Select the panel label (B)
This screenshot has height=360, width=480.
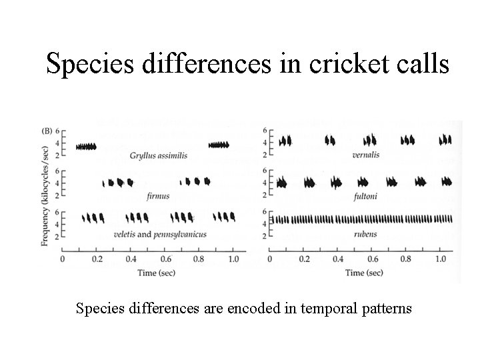point(47,131)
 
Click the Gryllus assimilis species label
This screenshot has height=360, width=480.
point(159,155)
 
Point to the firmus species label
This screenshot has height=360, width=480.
point(159,195)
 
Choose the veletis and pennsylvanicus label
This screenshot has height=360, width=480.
point(160,234)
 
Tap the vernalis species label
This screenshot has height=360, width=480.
point(366,155)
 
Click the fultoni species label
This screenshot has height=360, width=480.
point(365,195)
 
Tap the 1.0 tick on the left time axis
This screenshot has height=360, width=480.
point(233,259)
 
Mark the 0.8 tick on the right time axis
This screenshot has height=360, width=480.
point(407,259)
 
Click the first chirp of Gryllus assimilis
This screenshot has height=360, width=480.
point(86,146)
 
